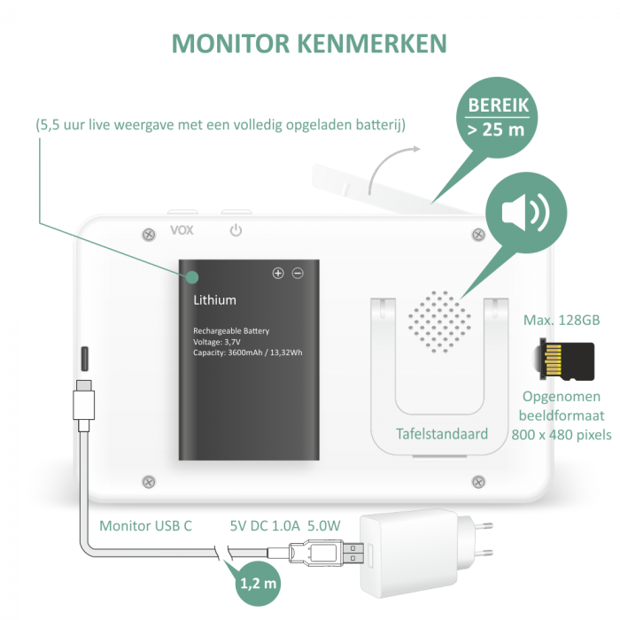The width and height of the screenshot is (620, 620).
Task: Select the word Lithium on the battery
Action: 215,300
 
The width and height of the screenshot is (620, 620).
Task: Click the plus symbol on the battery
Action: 278,274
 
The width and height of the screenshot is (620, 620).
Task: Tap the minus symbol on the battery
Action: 298,274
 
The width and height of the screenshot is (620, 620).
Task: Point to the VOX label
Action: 182,231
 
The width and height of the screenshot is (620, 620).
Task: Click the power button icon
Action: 236,231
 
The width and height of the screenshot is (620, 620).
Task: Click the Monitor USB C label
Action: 145,525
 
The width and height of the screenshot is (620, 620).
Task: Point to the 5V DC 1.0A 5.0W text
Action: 284,525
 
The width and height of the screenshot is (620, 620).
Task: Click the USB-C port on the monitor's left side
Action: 85,358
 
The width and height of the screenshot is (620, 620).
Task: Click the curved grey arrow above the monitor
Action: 393,165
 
